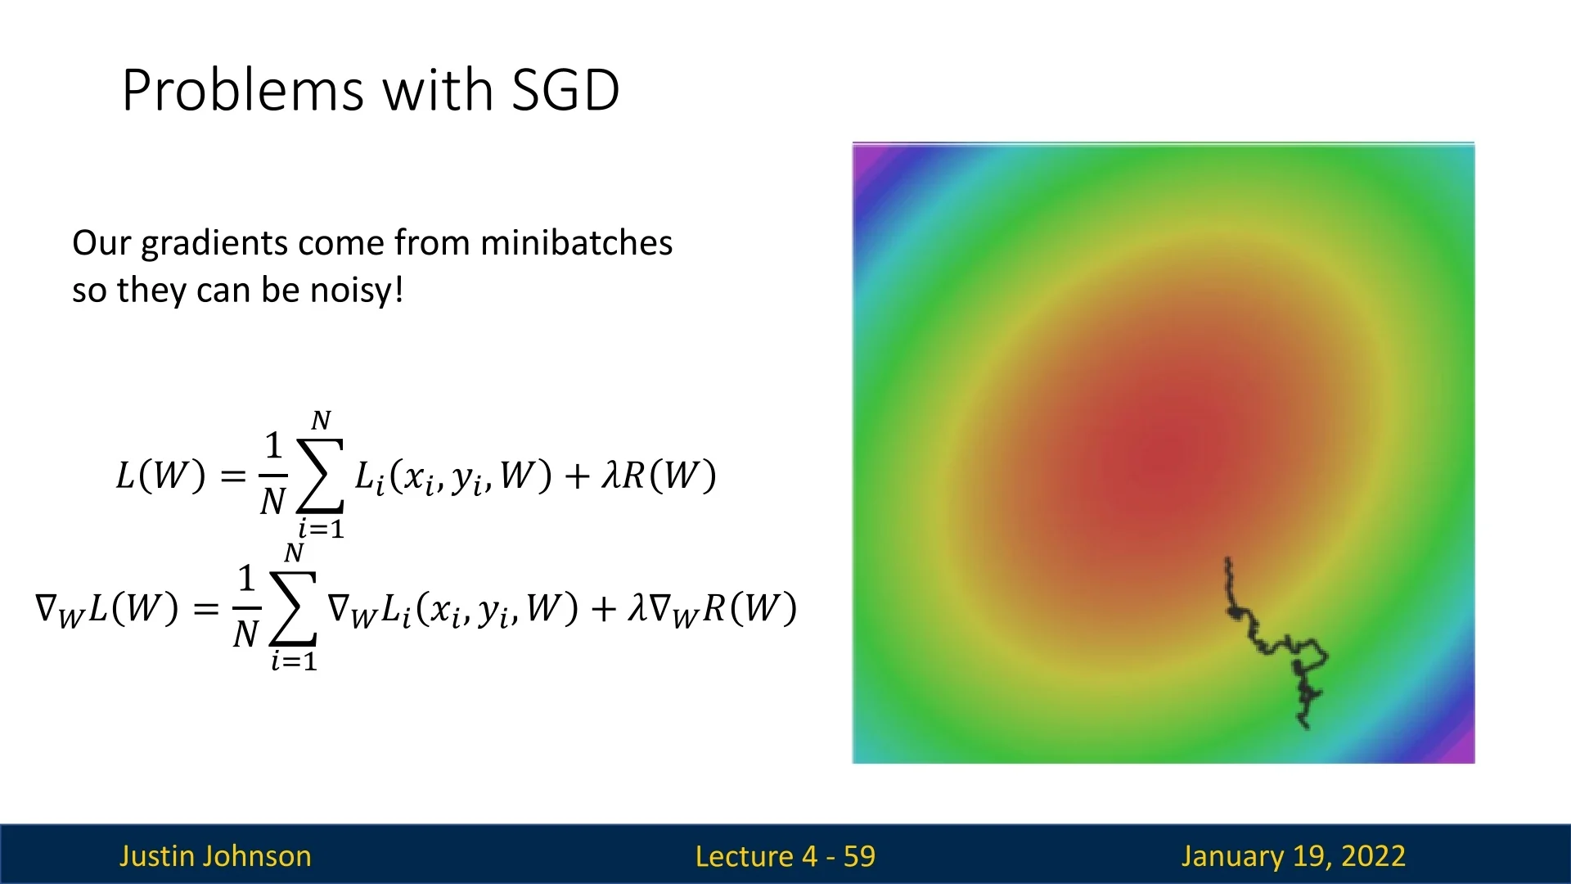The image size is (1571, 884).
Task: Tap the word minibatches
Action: (x=576, y=243)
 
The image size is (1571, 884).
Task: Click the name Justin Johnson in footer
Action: (x=215, y=856)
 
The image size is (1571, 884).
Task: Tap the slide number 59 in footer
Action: (x=859, y=856)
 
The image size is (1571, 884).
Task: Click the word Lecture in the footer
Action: (x=745, y=856)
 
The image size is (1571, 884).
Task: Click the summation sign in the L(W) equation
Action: (x=320, y=476)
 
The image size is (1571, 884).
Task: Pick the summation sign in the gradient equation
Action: (x=293, y=608)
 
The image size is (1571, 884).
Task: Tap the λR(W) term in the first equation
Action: (x=659, y=476)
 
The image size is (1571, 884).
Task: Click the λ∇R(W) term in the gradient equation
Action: (x=713, y=609)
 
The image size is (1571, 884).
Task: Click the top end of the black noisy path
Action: (x=1227, y=561)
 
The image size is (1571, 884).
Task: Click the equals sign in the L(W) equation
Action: (x=233, y=476)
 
